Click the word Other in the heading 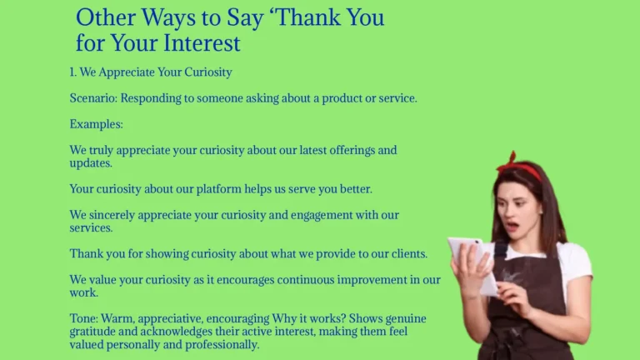point(104,17)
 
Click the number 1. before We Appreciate point(73,72)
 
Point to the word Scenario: point(93,98)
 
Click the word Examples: point(96,124)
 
